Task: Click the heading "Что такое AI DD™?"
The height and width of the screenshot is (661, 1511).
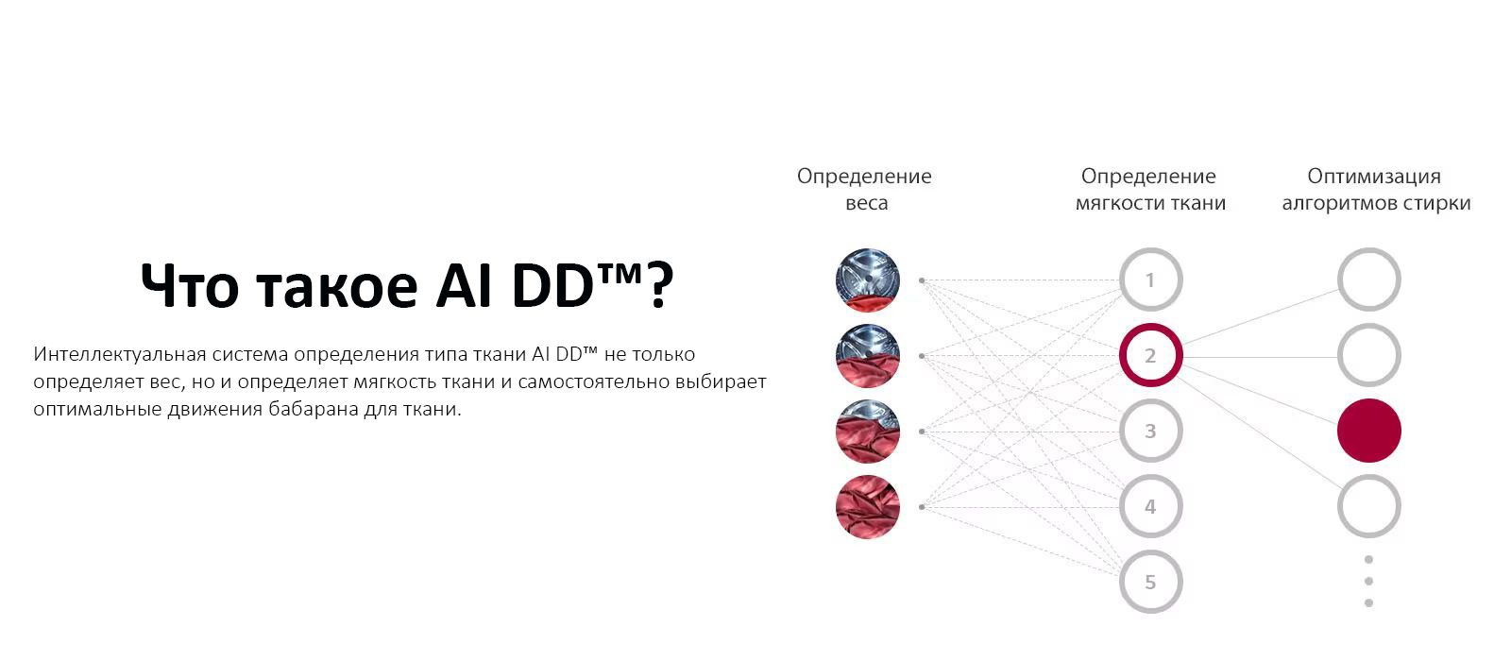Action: click(x=406, y=284)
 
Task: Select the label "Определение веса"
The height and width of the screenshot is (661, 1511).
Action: click(x=864, y=189)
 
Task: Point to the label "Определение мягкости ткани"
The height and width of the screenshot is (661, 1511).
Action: click(x=1149, y=189)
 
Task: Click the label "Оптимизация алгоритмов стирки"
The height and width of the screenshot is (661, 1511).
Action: click(x=1375, y=189)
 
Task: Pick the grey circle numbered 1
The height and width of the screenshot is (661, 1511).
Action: click(x=1150, y=280)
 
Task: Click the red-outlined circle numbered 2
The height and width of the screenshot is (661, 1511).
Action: click(x=1150, y=356)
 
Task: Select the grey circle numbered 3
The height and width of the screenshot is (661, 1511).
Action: click(x=1150, y=432)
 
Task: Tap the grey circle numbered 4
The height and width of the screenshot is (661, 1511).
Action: click(x=1150, y=507)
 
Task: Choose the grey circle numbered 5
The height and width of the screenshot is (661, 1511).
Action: click(x=1150, y=583)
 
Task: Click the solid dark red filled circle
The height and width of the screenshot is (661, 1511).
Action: click(x=1368, y=432)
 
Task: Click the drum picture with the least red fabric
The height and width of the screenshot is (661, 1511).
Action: click(x=868, y=280)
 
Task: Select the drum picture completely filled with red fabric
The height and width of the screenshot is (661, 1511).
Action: click(x=868, y=507)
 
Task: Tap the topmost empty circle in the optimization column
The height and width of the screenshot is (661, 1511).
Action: click(x=1368, y=280)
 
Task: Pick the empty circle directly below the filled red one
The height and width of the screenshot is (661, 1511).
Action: click(x=1368, y=507)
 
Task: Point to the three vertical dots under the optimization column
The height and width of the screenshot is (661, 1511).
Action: click(x=1368, y=581)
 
